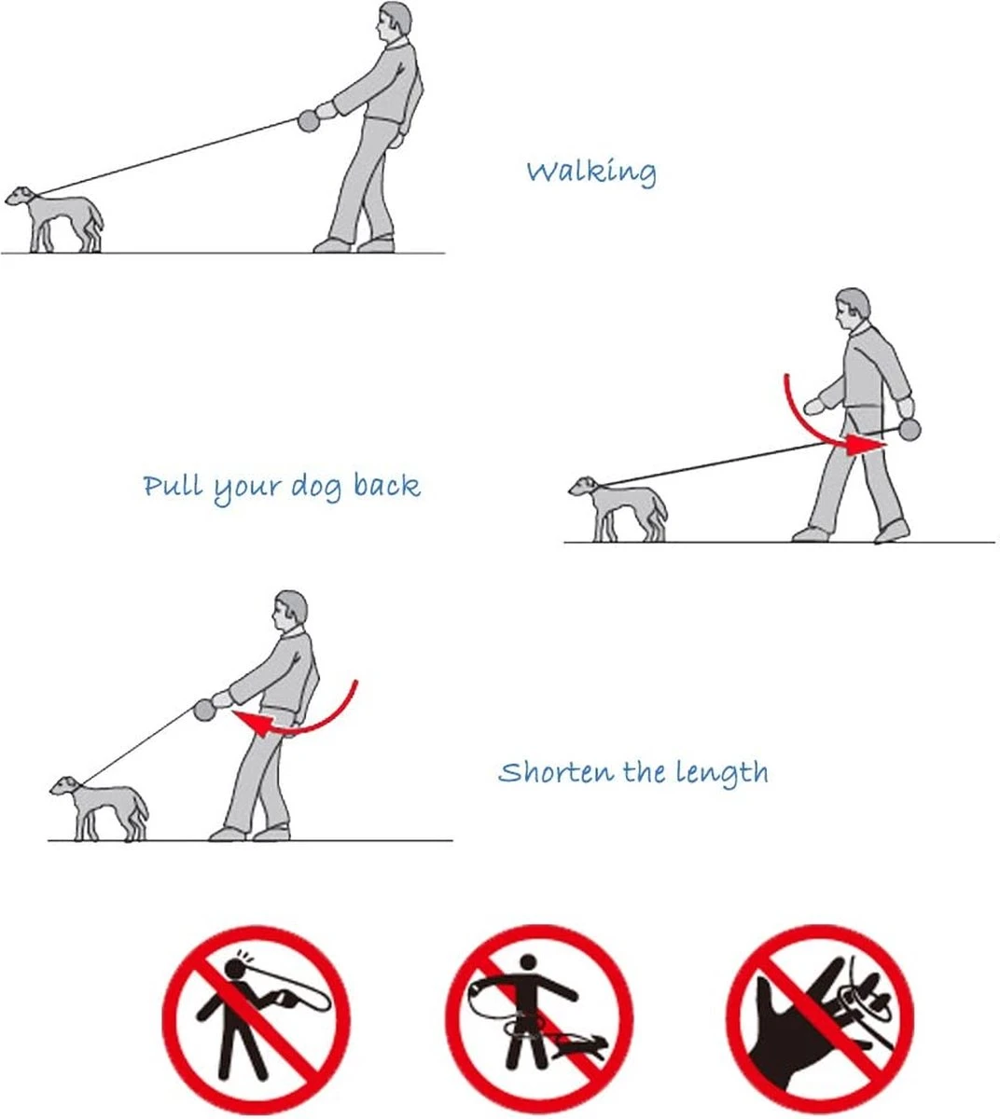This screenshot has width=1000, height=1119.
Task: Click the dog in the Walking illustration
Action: pos(57,220)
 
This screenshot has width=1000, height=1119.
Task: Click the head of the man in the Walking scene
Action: pos(395,22)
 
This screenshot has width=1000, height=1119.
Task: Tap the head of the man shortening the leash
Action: pos(290,611)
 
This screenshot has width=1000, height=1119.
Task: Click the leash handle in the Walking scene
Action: pos(308,120)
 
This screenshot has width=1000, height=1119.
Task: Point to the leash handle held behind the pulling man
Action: pos(909,429)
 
